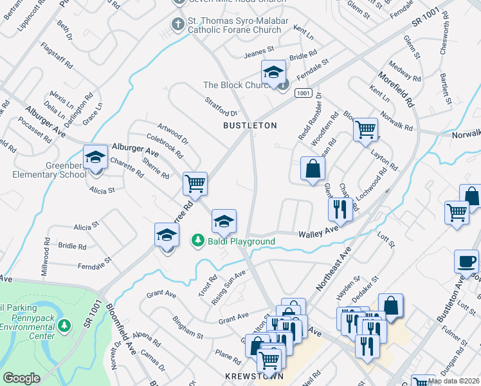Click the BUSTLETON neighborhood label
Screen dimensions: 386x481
250,125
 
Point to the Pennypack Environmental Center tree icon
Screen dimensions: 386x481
64,326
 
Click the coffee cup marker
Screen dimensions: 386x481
466,261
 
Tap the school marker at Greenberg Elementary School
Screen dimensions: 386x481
95,157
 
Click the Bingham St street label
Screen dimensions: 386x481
187,327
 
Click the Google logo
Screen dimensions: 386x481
21,378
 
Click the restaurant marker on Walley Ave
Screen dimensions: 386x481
339,208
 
